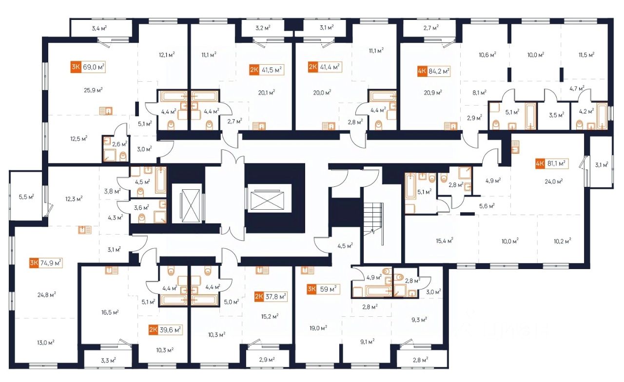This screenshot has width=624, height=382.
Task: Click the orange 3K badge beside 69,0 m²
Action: point(75,67)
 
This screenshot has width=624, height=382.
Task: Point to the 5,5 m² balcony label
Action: point(26,198)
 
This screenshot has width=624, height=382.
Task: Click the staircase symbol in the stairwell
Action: point(373,218)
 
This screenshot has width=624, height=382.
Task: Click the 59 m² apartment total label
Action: point(329,290)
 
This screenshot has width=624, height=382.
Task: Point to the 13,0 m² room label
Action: point(46,342)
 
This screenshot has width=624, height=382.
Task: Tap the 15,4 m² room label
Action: point(445,240)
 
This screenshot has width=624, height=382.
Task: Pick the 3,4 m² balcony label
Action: point(99,28)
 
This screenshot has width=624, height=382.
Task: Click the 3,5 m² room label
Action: point(556,116)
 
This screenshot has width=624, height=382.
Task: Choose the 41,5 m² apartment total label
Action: point(272,70)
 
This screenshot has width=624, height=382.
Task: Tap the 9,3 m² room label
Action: point(419,319)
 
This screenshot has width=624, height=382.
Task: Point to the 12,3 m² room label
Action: point(74,198)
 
